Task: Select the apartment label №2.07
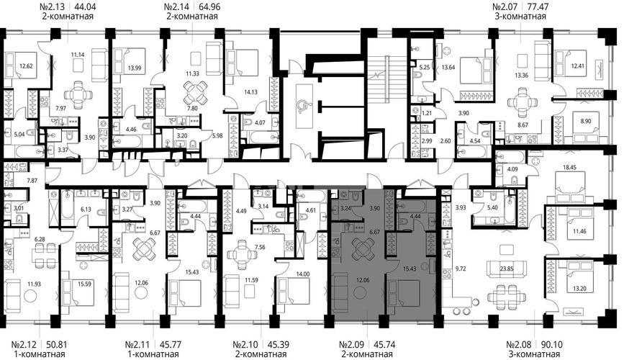pos(505,6)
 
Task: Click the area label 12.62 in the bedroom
pos(26,66)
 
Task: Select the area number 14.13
pos(250,92)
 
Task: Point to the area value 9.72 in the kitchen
pos(461,269)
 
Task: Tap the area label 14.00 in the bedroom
pos(303,274)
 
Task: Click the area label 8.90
pos(586,122)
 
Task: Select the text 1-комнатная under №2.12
pos(38,354)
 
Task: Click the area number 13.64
pos(448,67)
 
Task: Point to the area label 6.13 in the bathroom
pos(86,209)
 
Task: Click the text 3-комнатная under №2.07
pos(520,17)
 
